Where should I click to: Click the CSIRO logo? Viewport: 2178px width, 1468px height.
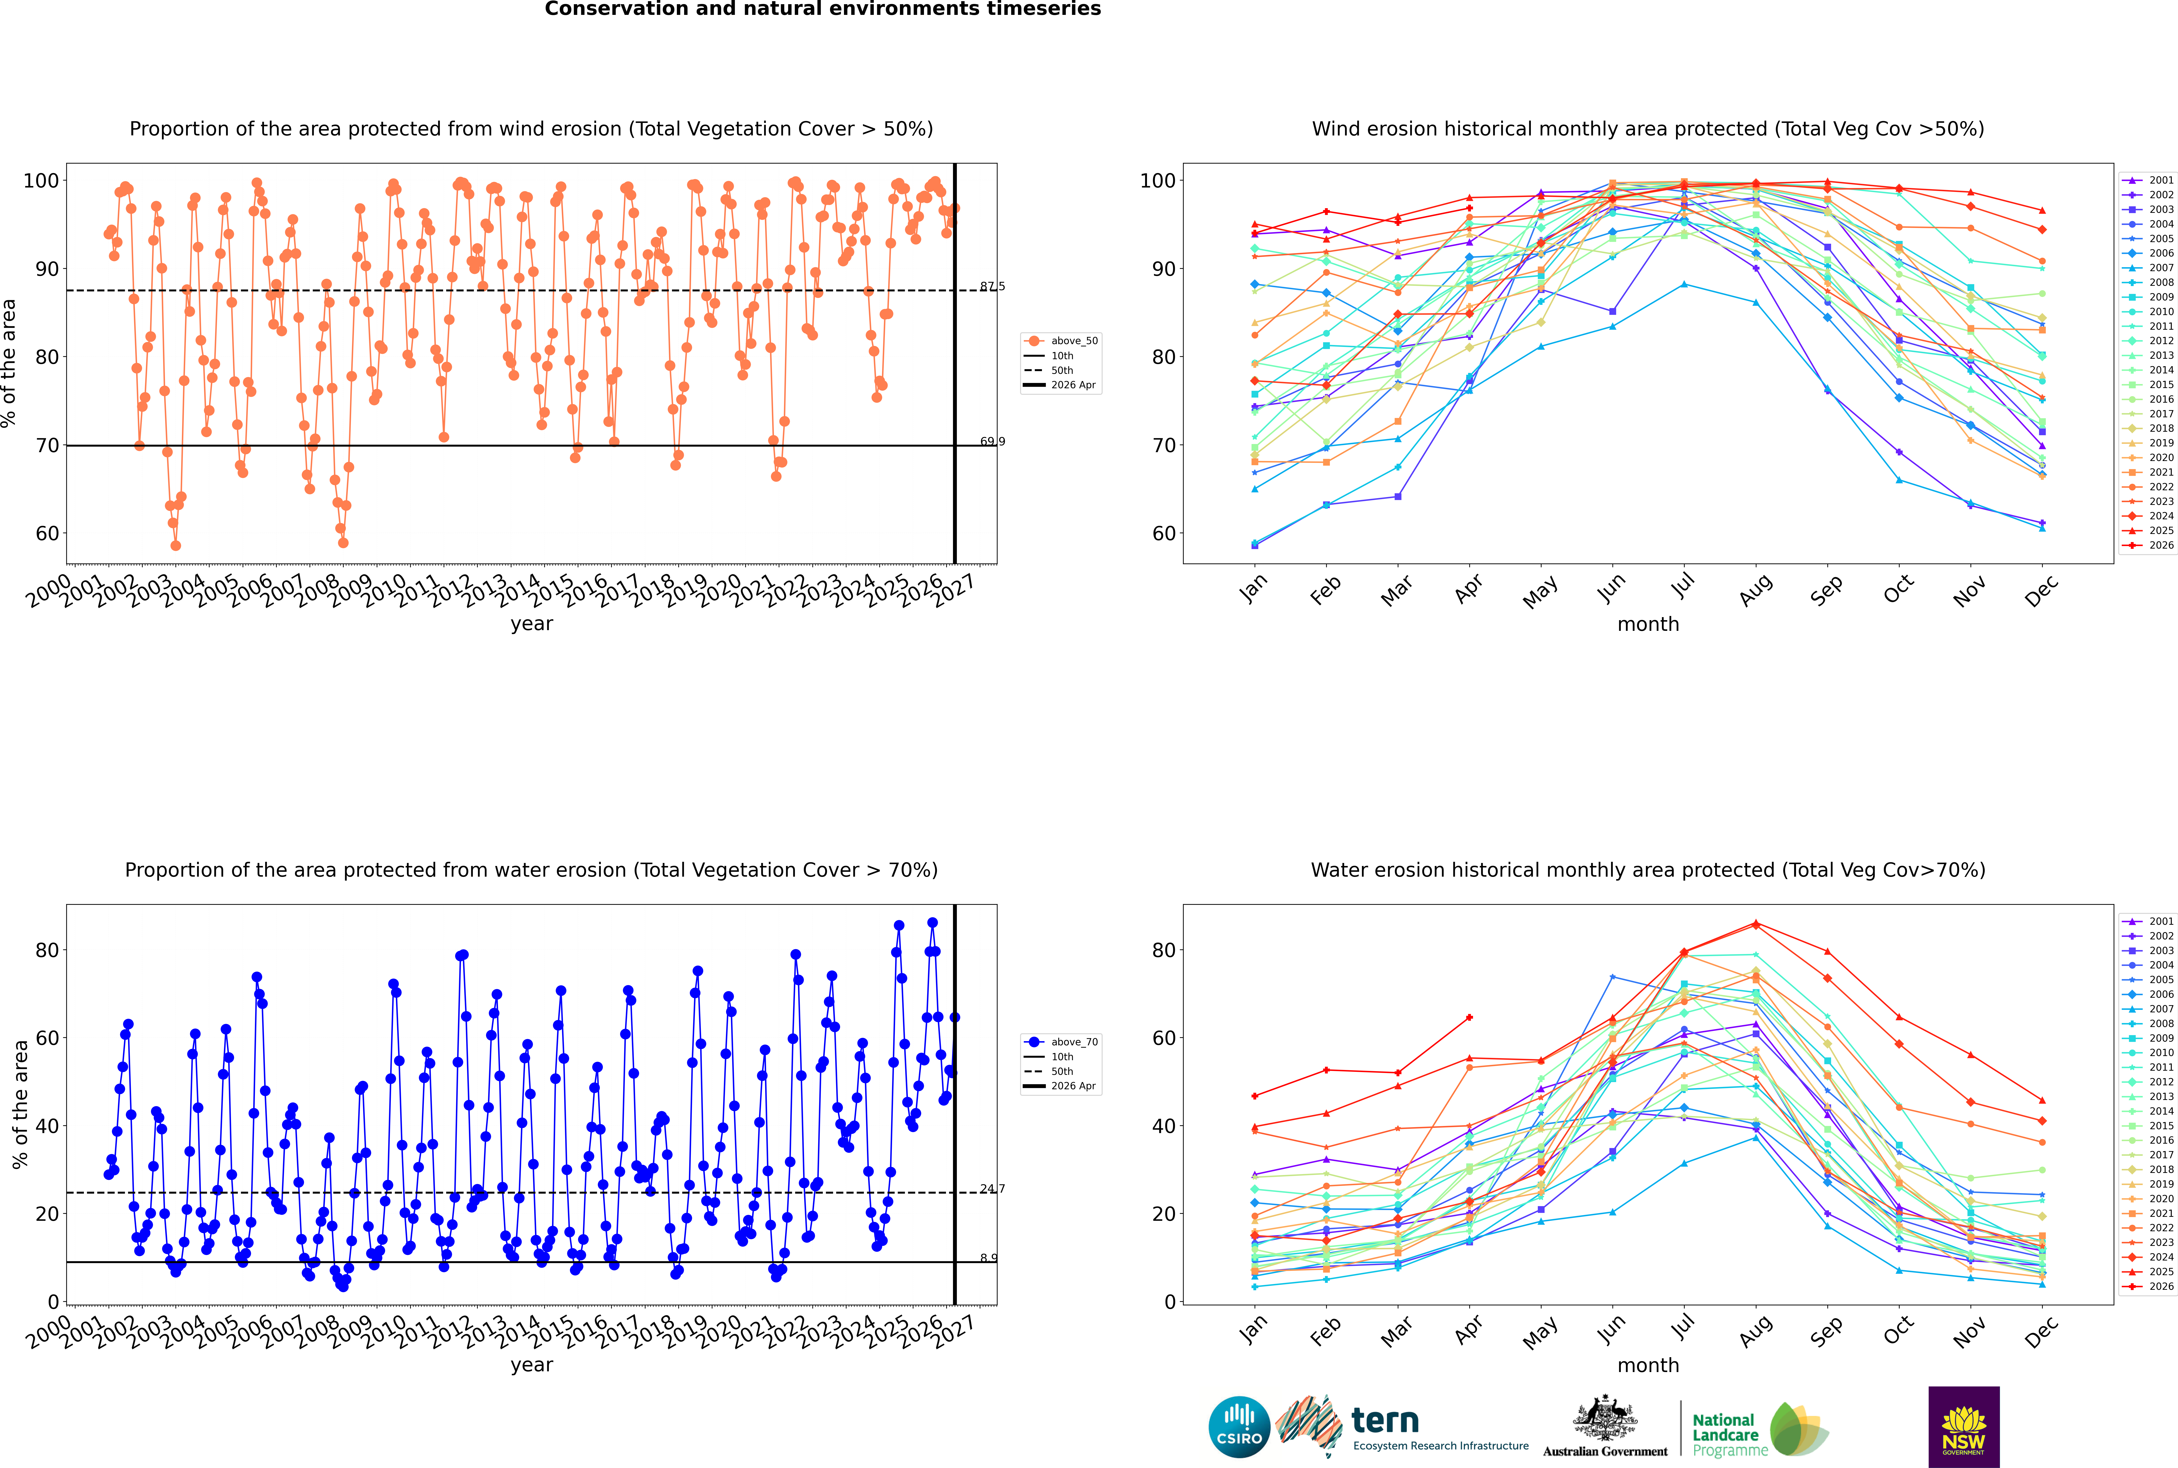click(1239, 1427)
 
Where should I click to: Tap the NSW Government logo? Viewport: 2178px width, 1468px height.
click(1964, 1427)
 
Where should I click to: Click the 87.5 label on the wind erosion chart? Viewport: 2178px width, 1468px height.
click(992, 286)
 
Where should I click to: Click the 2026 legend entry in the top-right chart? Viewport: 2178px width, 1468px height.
click(2149, 545)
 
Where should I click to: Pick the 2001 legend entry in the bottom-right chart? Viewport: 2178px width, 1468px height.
click(2149, 921)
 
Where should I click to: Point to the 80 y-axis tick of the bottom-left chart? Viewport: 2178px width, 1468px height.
click(47, 950)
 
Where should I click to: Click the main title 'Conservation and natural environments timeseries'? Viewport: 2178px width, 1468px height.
click(823, 9)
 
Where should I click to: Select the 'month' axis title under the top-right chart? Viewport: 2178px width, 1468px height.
click(1648, 625)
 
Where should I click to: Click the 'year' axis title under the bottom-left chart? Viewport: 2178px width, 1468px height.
click(532, 1365)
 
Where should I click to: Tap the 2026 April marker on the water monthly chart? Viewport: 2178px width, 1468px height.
click(1469, 1018)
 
